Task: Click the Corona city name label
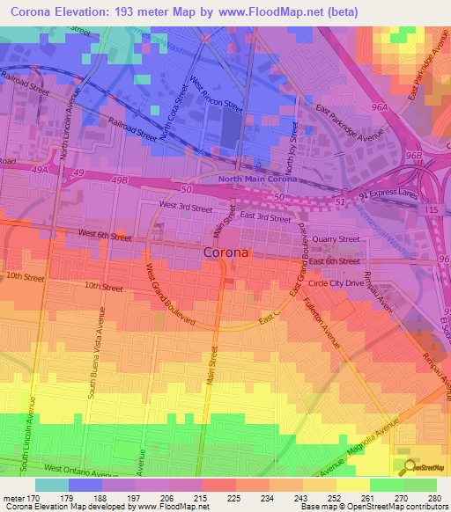[x=225, y=252]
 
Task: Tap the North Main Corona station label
[x=255, y=179]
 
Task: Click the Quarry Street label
[x=337, y=238]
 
